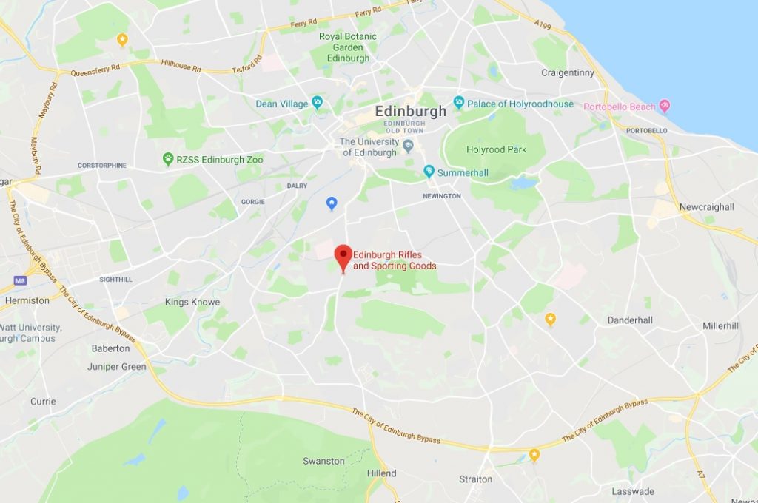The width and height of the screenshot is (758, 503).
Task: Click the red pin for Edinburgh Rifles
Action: [x=343, y=256]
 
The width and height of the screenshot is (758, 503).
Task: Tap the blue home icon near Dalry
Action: [x=332, y=202]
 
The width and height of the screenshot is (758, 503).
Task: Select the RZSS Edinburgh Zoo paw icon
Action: [x=169, y=159]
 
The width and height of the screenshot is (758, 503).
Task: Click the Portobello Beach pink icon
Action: [x=664, y=107]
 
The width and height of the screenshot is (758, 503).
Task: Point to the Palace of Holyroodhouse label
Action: [x=520, y=104]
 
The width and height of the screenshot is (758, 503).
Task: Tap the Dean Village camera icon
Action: [x=318, y=104]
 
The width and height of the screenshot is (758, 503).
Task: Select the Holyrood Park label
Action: [x=496, y=149]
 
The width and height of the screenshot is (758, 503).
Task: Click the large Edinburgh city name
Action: [x=411, y=111]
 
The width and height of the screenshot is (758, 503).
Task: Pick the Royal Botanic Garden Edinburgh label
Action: [x=348, y=47]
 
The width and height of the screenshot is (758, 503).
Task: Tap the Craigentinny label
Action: [x=568, y=73]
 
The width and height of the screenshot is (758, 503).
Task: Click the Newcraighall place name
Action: [x=707, y=207]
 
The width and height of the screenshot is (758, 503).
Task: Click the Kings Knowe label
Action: [x=192, y=302]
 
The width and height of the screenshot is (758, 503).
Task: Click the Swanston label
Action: [x=323, y=461]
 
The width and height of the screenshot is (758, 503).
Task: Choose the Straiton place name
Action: [x=475, y=479]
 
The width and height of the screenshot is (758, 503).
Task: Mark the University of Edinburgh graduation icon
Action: [x=409, y=143]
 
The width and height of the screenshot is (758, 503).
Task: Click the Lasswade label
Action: [x=633, y=491]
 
